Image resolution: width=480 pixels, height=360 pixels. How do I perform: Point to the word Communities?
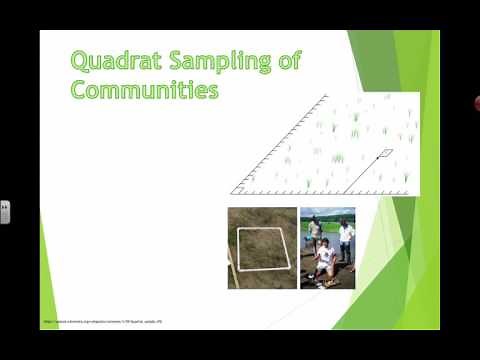click(144, 90)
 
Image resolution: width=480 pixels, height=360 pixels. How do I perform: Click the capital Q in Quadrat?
click(79, 61)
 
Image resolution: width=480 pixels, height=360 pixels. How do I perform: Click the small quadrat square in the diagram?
click(386, 153)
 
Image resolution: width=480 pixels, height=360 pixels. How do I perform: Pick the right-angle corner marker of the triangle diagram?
click(239, 186)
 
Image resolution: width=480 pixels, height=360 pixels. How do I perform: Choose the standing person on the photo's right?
click(346, 241)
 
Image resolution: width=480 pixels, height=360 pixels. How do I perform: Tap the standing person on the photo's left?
click(315, 234)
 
